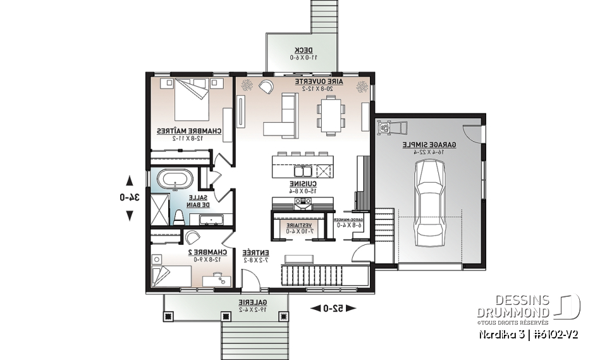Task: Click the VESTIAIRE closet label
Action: (297, 225)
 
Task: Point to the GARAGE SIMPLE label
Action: (428, 146)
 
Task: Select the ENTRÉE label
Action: (257, 252)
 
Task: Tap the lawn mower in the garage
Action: (383, 128)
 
